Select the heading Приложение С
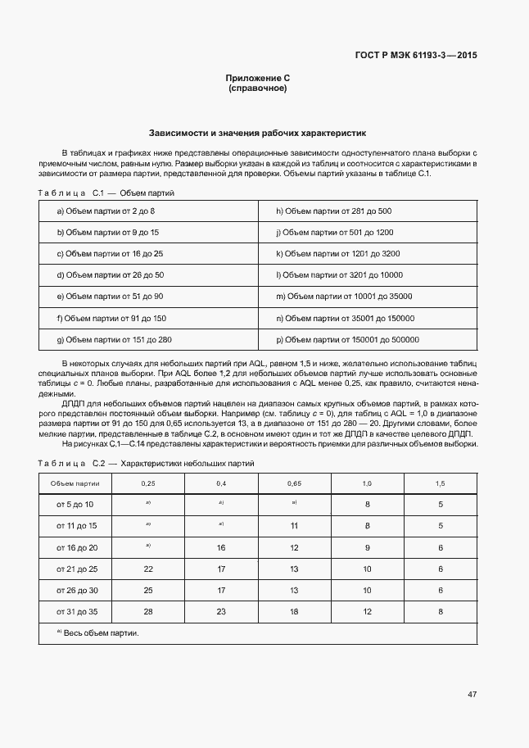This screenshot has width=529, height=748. click(258, 78)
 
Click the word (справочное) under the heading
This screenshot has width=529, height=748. click(258, 88)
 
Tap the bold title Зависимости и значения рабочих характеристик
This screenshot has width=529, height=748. click(258, 132)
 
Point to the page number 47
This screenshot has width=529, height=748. click(472, 695)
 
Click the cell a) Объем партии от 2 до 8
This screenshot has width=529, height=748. click(106, 211)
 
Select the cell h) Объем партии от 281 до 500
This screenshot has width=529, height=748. click(333, 211)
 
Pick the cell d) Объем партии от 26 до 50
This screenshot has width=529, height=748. click(111, 275)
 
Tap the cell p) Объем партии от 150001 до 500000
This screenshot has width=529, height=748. click(347, 339)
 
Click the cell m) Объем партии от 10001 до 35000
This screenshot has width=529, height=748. click(344, 297)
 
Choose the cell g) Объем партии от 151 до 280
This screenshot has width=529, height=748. click(114, 339)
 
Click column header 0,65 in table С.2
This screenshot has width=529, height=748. click(295, 483)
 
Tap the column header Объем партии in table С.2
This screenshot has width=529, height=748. click(75, 483)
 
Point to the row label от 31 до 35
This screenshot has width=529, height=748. click(76, 611)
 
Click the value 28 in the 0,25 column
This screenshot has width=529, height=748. click(148, 611)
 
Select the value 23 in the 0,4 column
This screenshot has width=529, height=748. click(221, 611)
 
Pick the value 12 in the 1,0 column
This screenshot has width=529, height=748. click(367, 611)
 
